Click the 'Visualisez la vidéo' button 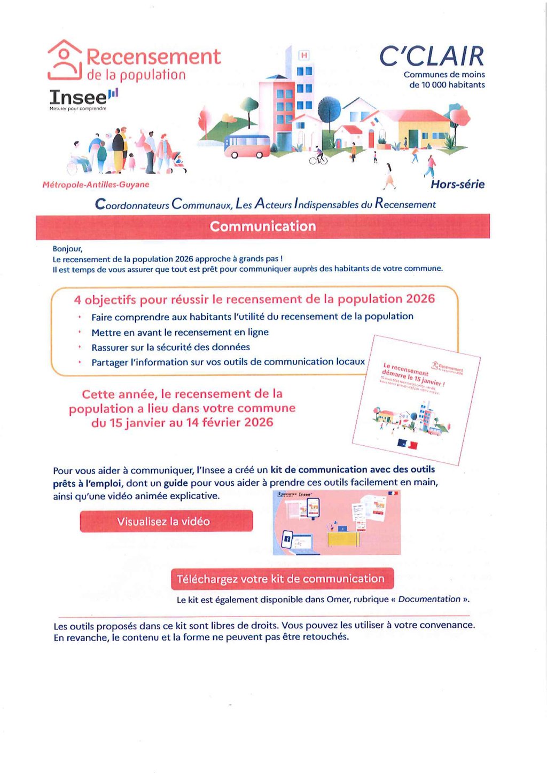pyautogui.click(x=166, y=521)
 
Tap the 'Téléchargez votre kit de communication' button pyautogui.click(x=282, y=579)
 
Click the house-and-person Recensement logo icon pyautogui.click(x=65, y=60)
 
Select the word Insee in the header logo pyautogui.click(x=78, y=97)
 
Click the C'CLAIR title pyautogui.click(x=432, y=57)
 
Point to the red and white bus pyautogui.click(x=247, y=146)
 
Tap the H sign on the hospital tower pyautogui.click(x=304, y=56)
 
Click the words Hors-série pyautogui.click(x=457, y=184)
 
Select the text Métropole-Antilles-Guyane pyautogui.click(x=96, y=185)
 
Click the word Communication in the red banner pyautogui.click(x=263, y=226)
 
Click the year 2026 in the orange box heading pyautogui.click(x=420, y=298)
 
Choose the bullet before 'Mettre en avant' pyautogui.click(x=80, y=332)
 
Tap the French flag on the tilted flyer pyautogui.click(x=407, y=444)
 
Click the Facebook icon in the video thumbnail pyautogui.click(x=286, y=539)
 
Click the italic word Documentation pyautogui.click(x=429, y=599)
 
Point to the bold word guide pyautogui.click(x=175, y=483)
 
